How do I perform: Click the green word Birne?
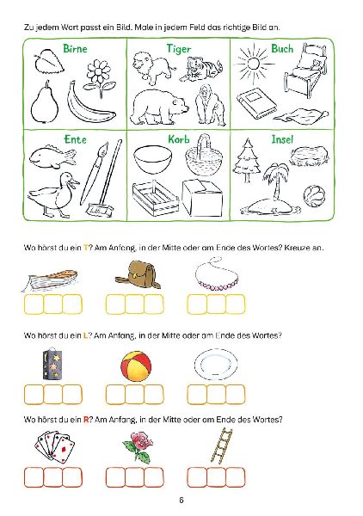pos(77,49)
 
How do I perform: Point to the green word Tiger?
pos(178,49)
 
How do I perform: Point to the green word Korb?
pos(178,138)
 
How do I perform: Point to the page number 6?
pos(181,501)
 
